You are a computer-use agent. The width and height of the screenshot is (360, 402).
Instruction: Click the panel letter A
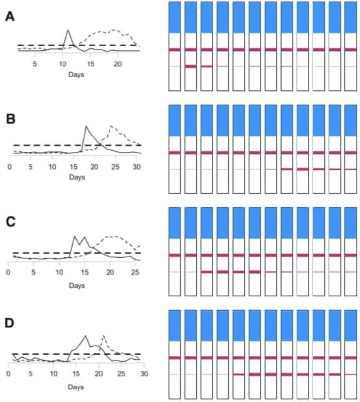point(9,17)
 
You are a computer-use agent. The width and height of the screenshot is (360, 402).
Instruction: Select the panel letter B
point(9,119)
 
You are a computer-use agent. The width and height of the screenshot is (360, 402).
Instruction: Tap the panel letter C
point(9,223)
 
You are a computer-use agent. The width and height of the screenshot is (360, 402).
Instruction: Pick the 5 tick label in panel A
point(35,63)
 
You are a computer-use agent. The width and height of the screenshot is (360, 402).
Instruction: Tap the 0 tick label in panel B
point(9,167)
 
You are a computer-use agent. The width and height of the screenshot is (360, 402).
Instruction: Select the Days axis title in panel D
point(76,387)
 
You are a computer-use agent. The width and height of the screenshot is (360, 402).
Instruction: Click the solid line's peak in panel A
point(68,30)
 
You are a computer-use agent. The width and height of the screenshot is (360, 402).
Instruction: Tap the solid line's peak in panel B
point(86,127)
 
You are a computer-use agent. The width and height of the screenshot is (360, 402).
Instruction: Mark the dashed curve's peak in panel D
point(103,335)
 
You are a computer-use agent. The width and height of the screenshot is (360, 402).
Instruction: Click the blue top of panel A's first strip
point(174,17)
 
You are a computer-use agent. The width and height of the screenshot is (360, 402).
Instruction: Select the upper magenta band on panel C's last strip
point(350,255)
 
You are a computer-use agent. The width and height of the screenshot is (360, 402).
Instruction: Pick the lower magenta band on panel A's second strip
point(190,66)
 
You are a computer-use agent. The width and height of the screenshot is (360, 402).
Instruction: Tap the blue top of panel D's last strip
point(350,325)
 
